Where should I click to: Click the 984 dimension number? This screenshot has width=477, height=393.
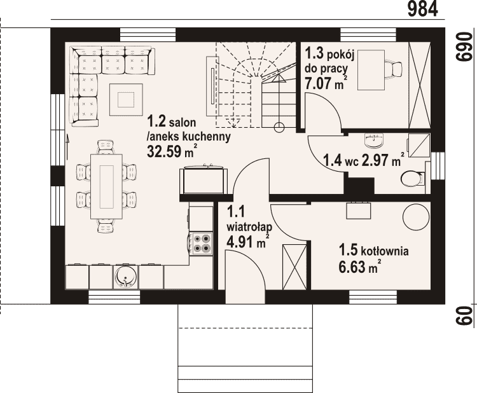pos(422,9)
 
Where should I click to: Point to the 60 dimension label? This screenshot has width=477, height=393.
pos(464,315)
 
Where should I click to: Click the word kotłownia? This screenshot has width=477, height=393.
pos(385,251)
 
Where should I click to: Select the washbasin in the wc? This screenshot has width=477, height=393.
pos(373,141)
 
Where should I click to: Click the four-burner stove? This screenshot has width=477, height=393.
pos(201,244)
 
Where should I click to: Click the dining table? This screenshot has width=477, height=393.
pos(106,186)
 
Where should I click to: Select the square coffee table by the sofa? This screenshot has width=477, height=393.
pos(126,99)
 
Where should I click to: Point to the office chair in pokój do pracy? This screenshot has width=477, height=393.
pos(394,69)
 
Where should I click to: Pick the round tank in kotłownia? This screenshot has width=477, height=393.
pos(416,217)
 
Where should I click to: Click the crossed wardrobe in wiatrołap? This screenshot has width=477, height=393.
pos(294,267)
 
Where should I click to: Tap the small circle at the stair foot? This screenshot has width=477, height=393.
pos(279,127)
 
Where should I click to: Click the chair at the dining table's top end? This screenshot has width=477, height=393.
pos(105,146)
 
